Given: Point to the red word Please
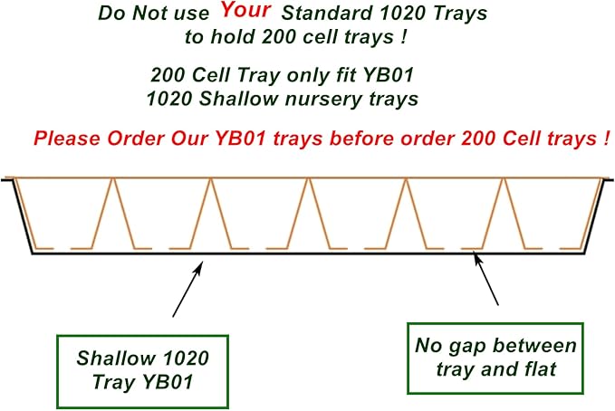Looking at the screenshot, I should pos(65,139).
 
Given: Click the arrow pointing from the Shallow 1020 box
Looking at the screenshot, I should pos(187,288).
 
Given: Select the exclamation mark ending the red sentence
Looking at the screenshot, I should pos(603,139).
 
